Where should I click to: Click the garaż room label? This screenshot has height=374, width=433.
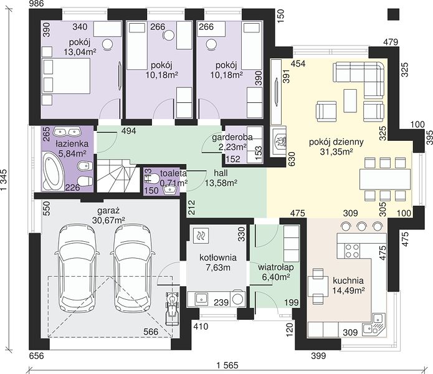[108, 211]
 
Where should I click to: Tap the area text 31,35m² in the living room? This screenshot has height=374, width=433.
[336, 151]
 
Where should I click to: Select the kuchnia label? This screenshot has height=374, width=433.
[348, 280]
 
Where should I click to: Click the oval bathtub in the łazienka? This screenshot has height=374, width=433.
[54, 172]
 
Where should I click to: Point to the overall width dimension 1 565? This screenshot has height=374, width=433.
[227, 365]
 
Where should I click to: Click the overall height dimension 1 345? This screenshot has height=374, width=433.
[5, 180]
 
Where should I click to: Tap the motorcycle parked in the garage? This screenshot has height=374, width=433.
[172, 307]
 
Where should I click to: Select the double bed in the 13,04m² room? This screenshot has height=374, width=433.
[66, 81]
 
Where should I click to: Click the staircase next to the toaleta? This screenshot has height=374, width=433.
[117, 176]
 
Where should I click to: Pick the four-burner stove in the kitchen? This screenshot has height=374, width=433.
[352, 251]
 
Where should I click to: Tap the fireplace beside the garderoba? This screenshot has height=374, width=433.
[279, 141]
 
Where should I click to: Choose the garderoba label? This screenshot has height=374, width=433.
[232, 137]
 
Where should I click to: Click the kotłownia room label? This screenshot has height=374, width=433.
[218, 257]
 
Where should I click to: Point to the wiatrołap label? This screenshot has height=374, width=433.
[276, 267]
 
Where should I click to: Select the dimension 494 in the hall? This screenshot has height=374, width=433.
[129, 131]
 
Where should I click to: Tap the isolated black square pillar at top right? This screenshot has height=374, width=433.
[393, 14]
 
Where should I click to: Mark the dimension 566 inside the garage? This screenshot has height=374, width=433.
[151, 332]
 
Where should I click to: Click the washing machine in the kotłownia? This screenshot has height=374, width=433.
[237, 299]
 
